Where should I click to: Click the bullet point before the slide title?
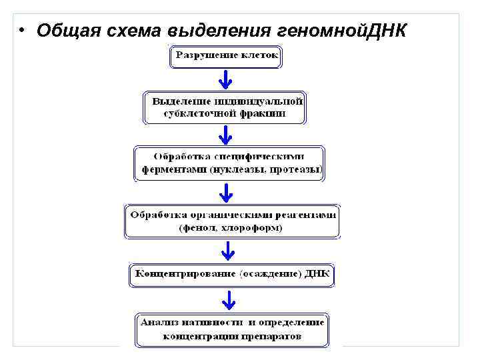(x=21, y=32)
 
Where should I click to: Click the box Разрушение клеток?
(x=226, y=57)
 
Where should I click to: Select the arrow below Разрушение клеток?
(x=225, y=80)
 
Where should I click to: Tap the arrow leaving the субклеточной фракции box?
(x=225, y=136)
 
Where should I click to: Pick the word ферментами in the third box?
(x=173, y=169)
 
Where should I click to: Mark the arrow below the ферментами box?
(x=227, y=193)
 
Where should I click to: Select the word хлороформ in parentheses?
(x=255, y=228)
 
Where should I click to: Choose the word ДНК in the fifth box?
(x=317, y=274)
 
